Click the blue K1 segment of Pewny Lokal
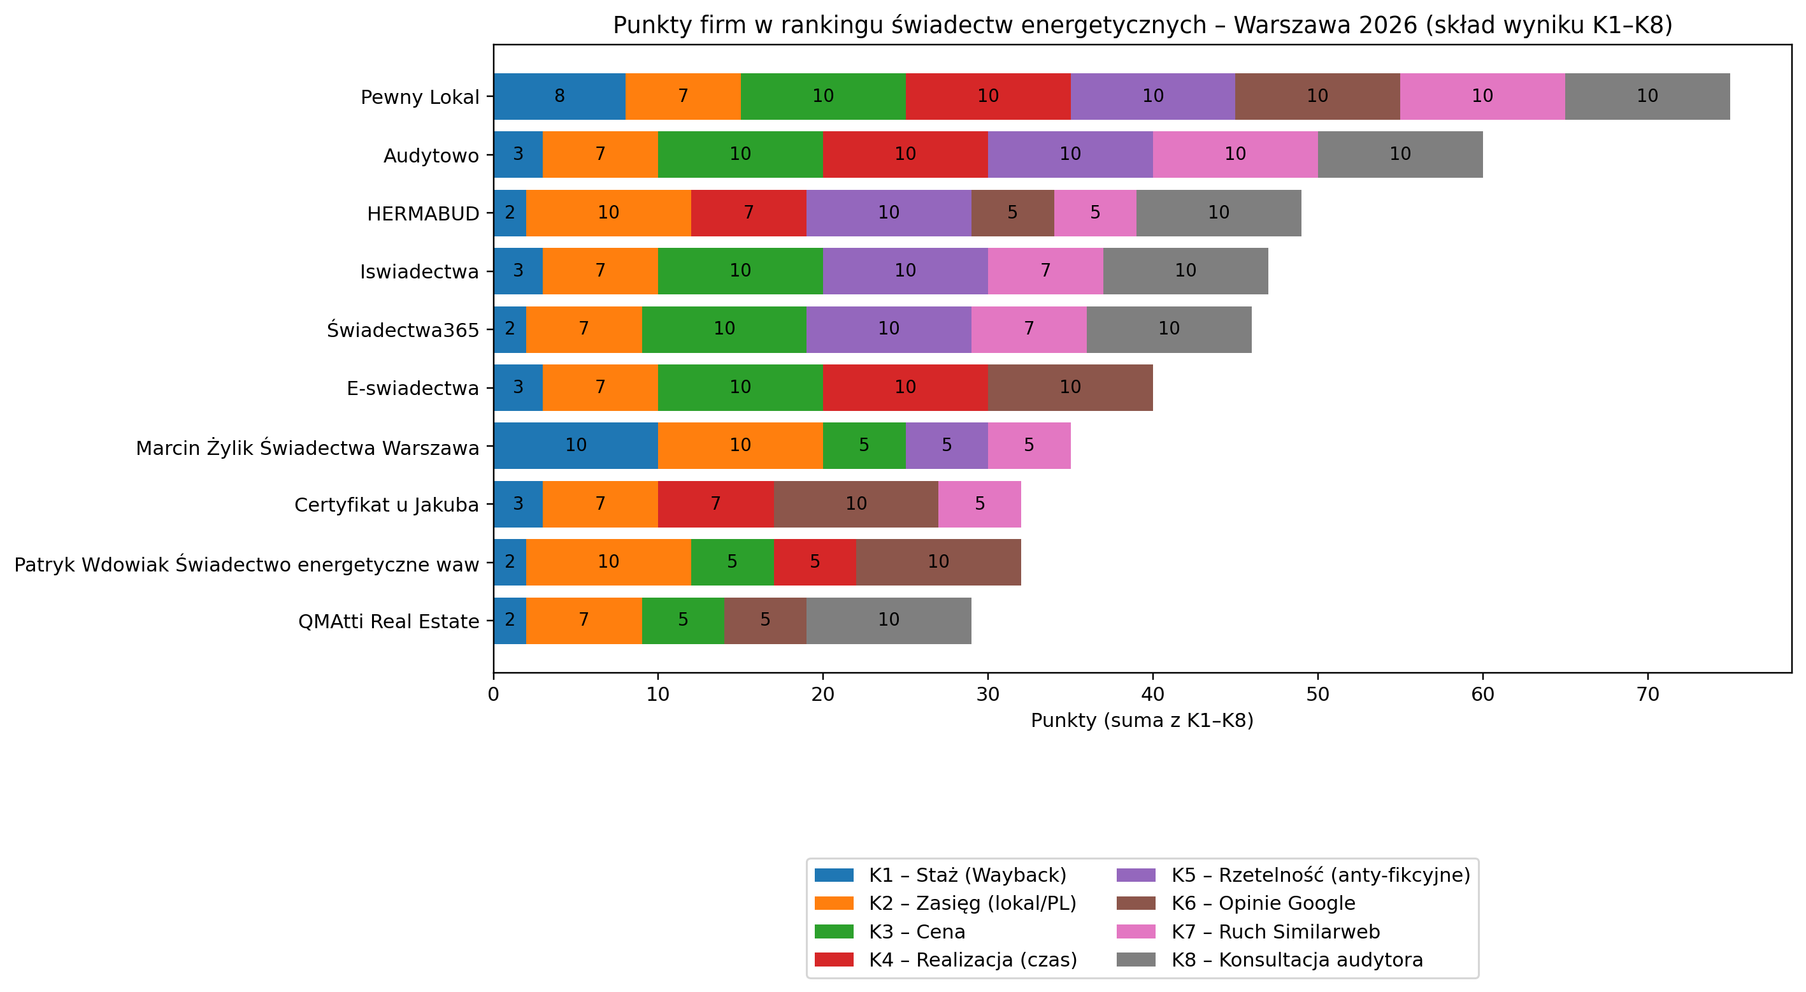[x=559, y=96]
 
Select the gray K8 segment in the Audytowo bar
[x=1400, y=154]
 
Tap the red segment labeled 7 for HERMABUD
[x=748, y=212]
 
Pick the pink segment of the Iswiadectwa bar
[x=1045, y=271]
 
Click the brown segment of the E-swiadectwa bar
[x=1070, y=387]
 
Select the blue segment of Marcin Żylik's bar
[x=576, y=445]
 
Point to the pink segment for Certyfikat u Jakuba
[x=979, y=503]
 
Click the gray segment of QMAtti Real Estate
[x=888, y=620]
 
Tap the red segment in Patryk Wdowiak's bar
[x=814, y=561]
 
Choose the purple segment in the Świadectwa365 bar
[x=888, y=329]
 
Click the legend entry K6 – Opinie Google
[x=1263, y=903]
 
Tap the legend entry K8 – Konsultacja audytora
[x=1296, y=960]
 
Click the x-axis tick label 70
[x=1647, y=694]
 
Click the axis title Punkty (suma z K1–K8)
[x=1142, y=721]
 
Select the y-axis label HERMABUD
[x=423, y=214]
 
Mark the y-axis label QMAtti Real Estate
[x=389, y=621]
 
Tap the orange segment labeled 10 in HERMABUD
[x=608, y=212]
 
